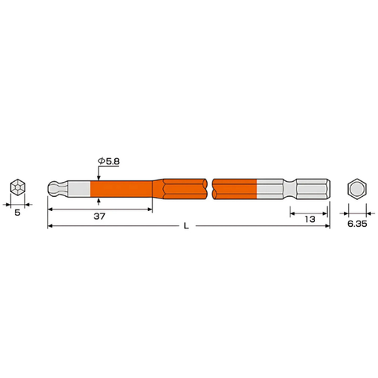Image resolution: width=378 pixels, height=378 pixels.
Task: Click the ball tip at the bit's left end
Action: coord(53,189)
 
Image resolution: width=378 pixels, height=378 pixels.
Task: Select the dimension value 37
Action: coord(98,217)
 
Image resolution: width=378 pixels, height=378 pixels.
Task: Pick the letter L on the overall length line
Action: coord(186,227)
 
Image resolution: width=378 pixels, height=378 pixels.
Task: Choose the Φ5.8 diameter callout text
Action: coord(110,161)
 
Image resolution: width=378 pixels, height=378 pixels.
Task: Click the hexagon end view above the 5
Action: coord(17,188)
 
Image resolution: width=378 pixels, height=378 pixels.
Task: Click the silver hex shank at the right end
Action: coord(315,189)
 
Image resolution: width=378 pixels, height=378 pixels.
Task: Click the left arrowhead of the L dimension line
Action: coord(50,227)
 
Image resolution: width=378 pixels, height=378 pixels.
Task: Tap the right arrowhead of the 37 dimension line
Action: coord(150,210)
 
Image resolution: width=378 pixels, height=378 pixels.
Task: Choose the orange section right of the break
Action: coord(235,189)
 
